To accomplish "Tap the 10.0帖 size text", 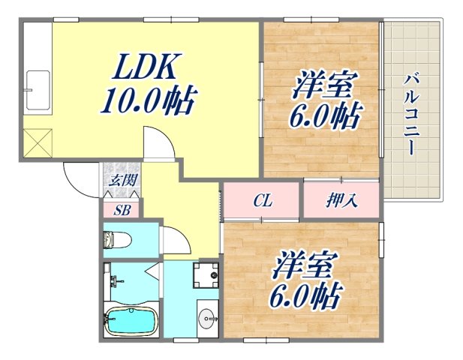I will click(148, 100).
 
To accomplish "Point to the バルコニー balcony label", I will click(410, 112).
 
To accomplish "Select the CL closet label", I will click(262, 201).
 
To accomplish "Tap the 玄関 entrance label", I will click(122, 180).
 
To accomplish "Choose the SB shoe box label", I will click(122, 210).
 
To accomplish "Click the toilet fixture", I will click(118, 240).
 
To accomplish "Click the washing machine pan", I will click(206, 275).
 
